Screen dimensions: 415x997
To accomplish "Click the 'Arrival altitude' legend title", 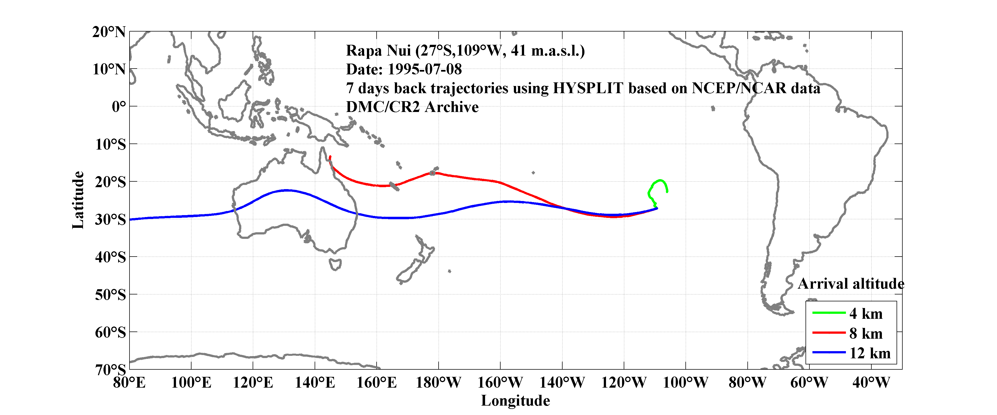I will (x=851, y=284).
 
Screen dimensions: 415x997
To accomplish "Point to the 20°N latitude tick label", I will (x=109, y=32).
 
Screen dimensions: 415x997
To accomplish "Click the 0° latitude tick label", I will (x=118, y=106).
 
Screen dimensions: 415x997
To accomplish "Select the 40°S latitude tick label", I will (x=110, y=257).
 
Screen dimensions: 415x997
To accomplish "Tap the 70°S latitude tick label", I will (x=110, y=369).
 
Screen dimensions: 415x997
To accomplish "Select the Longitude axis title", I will (x=515, y=401).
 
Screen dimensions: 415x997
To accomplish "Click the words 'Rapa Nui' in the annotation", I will (x=378, y=51).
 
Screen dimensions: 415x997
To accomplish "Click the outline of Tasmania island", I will (x=335, y=265).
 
